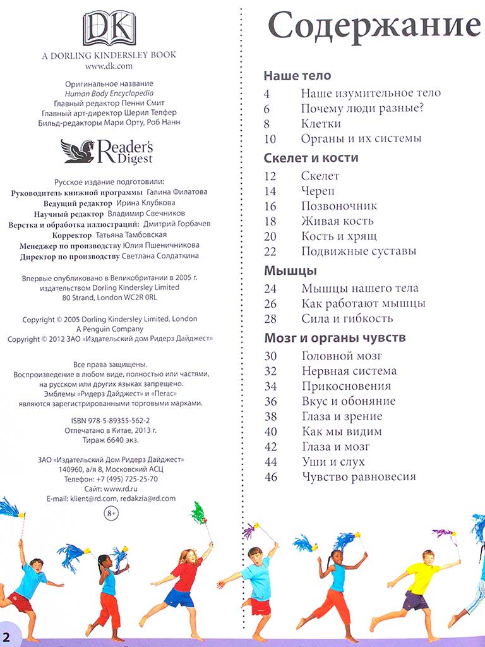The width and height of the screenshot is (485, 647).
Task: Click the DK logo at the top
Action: (109, 28)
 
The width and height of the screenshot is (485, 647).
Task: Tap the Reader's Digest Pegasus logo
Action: (107, 151)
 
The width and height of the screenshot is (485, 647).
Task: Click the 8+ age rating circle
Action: (111, 514)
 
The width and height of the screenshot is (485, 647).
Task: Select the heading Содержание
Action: (374, 27)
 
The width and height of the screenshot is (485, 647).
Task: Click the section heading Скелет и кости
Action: (311, 158)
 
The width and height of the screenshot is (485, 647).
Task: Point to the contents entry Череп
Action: (318, 191)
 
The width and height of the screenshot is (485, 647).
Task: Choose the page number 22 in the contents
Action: (270, 251)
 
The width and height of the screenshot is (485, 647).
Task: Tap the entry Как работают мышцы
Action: (363, 303)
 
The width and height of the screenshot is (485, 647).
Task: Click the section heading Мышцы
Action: (290, 270)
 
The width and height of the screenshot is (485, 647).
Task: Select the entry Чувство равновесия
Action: (358, 477)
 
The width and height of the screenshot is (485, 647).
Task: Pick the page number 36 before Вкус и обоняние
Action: (270, 401)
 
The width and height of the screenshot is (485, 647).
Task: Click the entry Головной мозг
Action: (342, 356)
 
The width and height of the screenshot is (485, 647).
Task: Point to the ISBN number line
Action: (111, 420)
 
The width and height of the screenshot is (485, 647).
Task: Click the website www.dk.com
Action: (109, 66)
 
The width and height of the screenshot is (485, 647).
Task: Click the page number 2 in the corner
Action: (7, 636)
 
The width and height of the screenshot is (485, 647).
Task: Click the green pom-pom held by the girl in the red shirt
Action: (199, 512)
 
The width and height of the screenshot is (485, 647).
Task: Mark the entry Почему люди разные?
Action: (362, 108)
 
